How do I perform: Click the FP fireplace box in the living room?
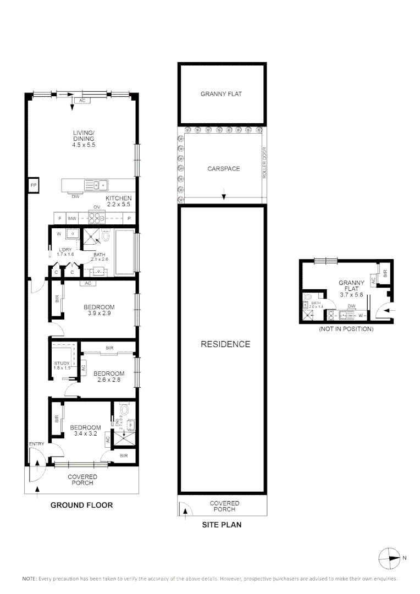(33, 185)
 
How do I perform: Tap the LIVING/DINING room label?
(84, 139)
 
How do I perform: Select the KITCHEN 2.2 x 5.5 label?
(119, 201)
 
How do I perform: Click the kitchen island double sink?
(95, 185)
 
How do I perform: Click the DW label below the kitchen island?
(75, 196)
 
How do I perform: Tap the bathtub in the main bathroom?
(125, 252)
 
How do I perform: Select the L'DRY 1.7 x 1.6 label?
(65, 252)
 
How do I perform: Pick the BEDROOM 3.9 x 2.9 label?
(98, 310)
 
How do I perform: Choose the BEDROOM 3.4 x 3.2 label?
(85, 431)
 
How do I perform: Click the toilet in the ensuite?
(124, 410)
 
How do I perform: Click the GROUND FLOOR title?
(81, 505)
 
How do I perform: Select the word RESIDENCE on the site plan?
(225, 344)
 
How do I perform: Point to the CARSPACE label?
(223, 169)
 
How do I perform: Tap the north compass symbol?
(390, 558)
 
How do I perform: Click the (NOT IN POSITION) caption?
(346, 329)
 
